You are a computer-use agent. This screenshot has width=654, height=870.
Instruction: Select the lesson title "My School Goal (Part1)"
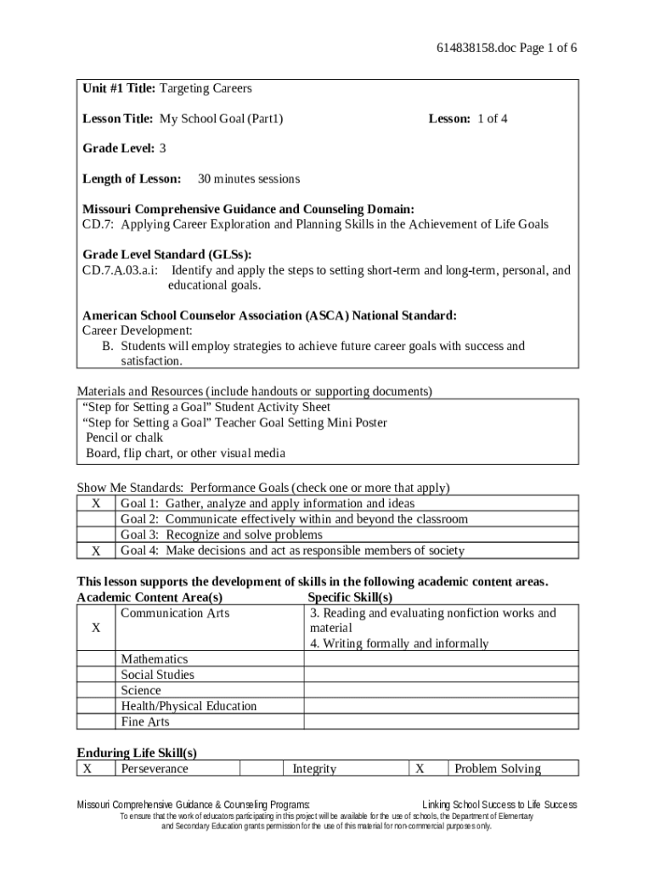tap(221, 119)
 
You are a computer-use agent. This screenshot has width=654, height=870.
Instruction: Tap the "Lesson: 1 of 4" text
tap(467, 119)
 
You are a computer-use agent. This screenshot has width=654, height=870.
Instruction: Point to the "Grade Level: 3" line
tap(124, 149)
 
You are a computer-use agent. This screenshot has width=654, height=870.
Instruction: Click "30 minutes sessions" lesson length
tap(248, 179)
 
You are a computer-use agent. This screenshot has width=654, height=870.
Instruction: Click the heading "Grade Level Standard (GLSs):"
tap(167, 255)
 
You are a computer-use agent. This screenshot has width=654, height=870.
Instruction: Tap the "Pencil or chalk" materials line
tap(124, 438)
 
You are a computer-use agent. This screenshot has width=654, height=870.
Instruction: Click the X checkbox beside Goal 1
tap(96, 504)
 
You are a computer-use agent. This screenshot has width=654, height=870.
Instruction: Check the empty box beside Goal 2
tap(96, 519)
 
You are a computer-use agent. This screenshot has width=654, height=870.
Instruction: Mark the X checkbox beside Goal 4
tap(96, 551)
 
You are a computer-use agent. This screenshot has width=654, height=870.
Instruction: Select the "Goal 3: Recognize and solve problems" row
tap(221, 535)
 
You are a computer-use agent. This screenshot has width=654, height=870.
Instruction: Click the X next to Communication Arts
tap(96, 628)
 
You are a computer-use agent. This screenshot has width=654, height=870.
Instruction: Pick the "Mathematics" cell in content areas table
tap(155, 659)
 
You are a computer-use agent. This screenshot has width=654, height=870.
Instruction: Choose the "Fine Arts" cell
tap(145, 722)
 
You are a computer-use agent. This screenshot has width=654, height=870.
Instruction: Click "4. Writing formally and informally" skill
tap(399, 644)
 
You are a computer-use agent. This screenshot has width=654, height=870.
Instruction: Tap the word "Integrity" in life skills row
tap(314, 769)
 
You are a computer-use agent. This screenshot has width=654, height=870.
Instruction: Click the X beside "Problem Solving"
tap(420, 769)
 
